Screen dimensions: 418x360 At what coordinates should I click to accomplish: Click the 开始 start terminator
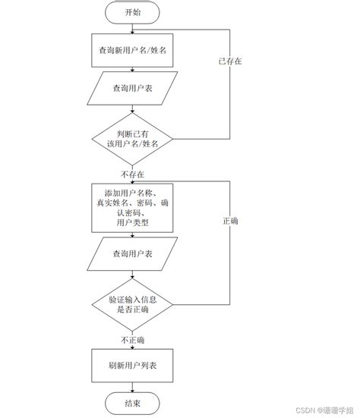point(133,13)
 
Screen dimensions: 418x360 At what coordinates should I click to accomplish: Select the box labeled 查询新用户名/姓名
point(133,50)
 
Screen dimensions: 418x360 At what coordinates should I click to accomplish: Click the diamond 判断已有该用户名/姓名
point(133,139)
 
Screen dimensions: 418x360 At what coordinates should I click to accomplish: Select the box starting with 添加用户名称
point(133,206)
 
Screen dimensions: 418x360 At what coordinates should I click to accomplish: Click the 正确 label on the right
point(230,222)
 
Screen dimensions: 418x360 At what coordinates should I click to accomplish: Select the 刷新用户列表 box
point(133,365)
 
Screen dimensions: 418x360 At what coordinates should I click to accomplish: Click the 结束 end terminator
point(133,402)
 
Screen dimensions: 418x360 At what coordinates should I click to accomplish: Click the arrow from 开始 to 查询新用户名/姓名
point(133,28)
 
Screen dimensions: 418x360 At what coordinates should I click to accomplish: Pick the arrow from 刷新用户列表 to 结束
point(133,386)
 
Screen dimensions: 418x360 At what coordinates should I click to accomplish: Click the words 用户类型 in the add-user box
point(133,223)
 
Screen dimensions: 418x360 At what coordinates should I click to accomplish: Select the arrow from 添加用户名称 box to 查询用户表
point(133,235)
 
